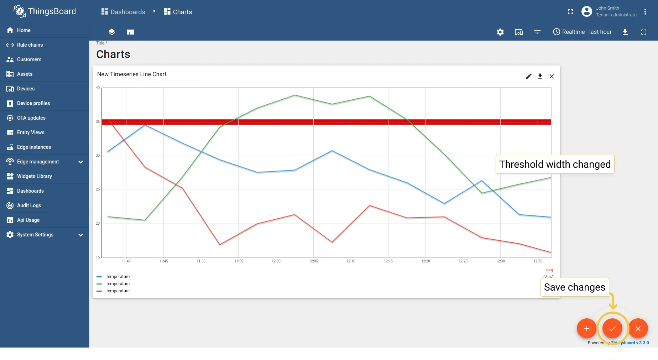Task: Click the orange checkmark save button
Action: pyautogui.click(x=612, y=328)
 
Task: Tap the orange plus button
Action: pyautogui.click(x=586, y=328)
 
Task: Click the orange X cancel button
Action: pyautogui.click(x=638, y=328)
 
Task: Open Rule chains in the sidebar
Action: pyautogui.click(x=30, y=45)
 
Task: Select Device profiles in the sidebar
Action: pyautogui.click(x=33, y=103)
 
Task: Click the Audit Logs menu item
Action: pyautogui.click(x=29, y=205)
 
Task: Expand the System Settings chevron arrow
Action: pyautogui.click(x=81, y=235)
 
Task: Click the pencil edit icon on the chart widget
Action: pyautogui.click(x=529, y=76)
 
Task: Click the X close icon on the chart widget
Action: pyautogui.click(x=552, y=76)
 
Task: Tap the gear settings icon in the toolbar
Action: pyautogui.click(x=500, y=32)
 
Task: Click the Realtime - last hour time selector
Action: pyautogui.click(x=582, y=32)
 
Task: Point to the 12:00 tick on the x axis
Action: pyautogui.click(x=276, y=261)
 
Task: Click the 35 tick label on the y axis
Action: pyautogui.click(x=98, y=122)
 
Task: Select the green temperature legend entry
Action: pyautogui.click(x=113, y=284)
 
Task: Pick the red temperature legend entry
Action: pyautogui.click(x=113, y=291)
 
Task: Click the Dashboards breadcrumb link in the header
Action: pyautogui.click(x=123, y=12)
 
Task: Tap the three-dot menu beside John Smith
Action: pyautogui.click(x=645, y=12)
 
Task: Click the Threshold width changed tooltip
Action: pyautogui.click(x=555, y=164)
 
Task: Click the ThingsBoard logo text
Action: pyautogui.click(x=52, y=11)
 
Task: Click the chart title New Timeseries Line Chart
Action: pyautogui.click(x=132, y=74)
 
